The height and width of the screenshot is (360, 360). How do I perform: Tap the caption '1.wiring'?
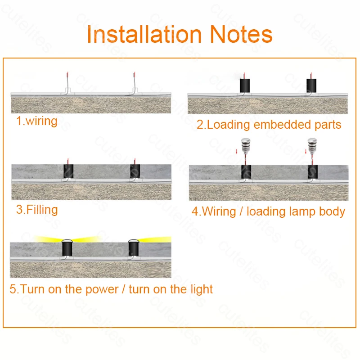[x=37, y=121]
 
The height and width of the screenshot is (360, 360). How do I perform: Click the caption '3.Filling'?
[x=37, y=210]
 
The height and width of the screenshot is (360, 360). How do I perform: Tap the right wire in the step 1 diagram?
[x=134, y=83]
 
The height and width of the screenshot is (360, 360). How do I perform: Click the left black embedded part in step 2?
[x=245, y=85]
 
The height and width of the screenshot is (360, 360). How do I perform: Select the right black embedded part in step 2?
[x=312, y=85]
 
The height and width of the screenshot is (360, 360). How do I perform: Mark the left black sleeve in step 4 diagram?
[x=246, y=173]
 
